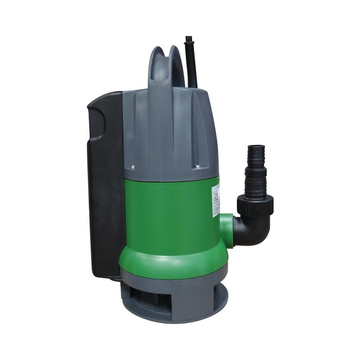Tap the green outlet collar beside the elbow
pos(227,230)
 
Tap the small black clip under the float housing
pos(115,278)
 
